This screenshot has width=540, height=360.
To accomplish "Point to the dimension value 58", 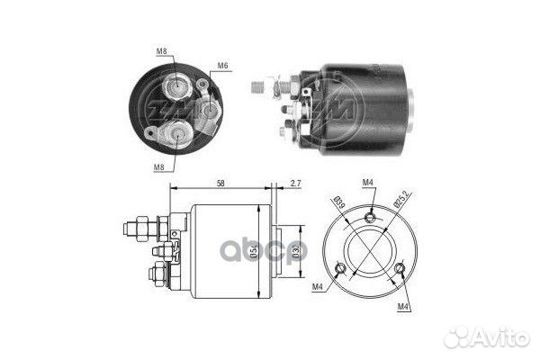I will [x=220, y=183].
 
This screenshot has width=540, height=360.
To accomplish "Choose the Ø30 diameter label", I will [x=296, y=249].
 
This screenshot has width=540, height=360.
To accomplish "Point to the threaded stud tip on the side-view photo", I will [x=256, y=87].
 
